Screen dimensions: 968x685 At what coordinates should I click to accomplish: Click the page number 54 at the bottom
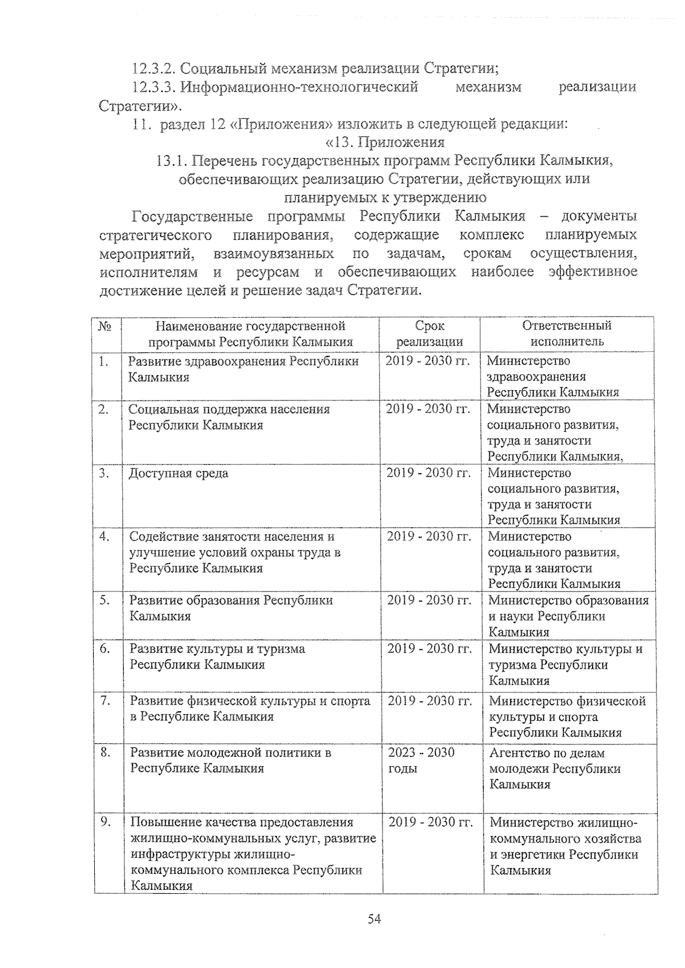point(374,918)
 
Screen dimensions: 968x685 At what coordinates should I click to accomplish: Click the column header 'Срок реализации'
point(429,334)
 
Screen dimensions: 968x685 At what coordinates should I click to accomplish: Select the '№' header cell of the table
point(105,326)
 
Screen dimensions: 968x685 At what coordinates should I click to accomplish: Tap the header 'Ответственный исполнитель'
point(566,334)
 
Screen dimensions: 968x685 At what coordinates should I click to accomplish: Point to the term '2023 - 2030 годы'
point(421,760)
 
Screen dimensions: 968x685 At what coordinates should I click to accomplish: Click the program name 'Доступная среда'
point(178,473)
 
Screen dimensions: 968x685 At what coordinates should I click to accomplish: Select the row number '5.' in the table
point(104,600)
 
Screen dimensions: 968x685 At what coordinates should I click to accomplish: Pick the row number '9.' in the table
point(105,822)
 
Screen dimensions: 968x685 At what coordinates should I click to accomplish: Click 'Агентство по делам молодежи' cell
point(554,768)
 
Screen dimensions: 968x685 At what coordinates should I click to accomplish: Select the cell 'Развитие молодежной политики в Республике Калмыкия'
point(231,760)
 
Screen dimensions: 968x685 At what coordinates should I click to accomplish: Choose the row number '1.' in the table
point(103,361)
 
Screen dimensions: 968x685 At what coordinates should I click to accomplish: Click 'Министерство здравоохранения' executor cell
point(553,376)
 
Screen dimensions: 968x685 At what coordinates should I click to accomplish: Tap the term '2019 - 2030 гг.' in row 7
point(430,701)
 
